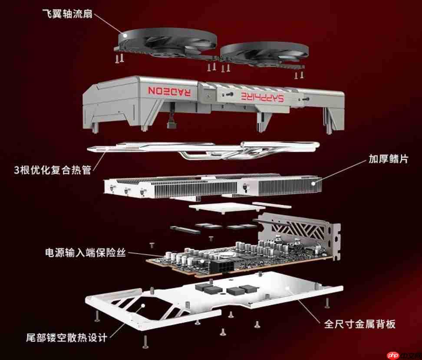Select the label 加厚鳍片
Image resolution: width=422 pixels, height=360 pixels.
389,159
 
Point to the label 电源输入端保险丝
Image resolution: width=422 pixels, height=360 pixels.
86,252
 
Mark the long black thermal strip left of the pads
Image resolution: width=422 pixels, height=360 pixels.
185,229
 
